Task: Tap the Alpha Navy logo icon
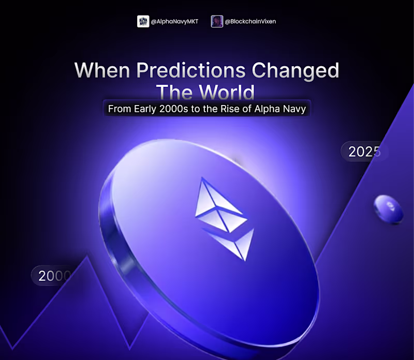143,22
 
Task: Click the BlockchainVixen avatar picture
217,22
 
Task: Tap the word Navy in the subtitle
295,110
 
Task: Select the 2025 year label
364,152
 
